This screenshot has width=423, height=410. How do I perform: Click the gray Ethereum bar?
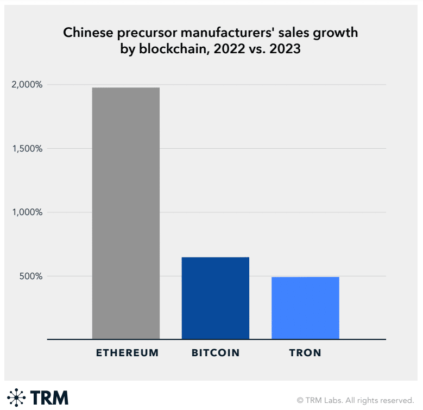pos(126,213)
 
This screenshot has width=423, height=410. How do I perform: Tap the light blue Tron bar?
pos(305,308)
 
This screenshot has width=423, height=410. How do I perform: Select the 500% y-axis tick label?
pos(31,276)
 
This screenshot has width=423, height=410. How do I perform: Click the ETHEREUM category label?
pos(127,353)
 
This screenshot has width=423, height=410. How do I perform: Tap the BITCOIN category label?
pos(216,353)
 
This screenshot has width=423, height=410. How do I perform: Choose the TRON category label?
pos(305,353)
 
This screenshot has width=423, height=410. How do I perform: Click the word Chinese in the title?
pos(85,33)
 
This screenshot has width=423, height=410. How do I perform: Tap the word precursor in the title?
pos(136,33)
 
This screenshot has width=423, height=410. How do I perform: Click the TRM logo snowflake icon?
pos(16,398)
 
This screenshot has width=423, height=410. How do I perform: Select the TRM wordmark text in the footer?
pos(49,398)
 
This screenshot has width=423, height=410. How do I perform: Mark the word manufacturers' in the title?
pos(228,33)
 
